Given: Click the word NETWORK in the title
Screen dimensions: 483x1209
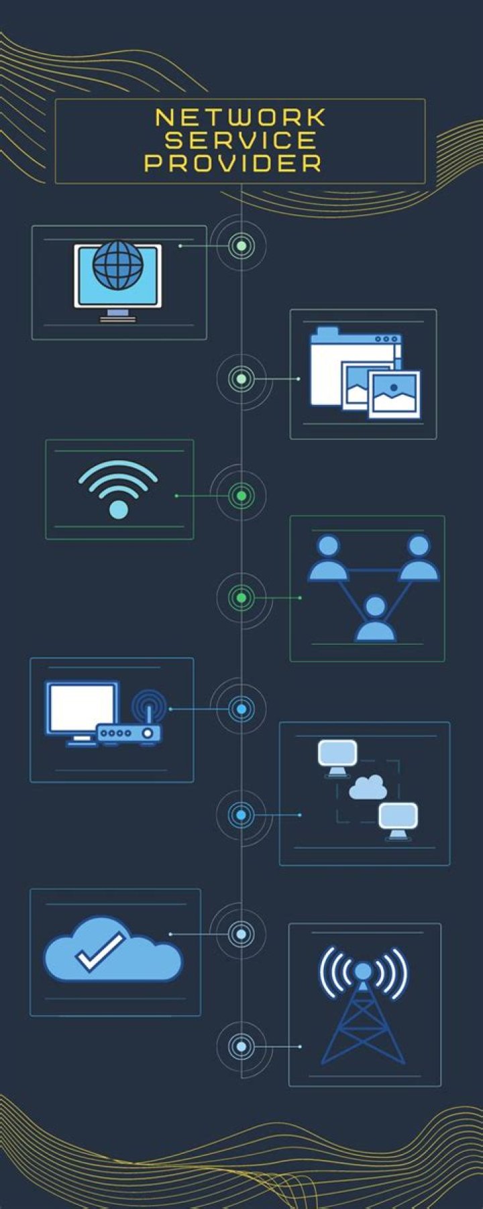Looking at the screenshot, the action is tap(240, 118).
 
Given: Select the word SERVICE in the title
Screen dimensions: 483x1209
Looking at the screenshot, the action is tap(241, 140).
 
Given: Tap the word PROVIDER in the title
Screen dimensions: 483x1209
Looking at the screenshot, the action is tap(233, 163).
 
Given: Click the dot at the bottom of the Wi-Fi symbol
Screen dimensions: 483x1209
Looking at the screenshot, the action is tap(118, 510).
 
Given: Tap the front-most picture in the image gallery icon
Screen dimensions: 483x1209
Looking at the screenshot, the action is tap(394, 394).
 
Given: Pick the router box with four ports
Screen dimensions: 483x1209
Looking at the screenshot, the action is tap(129, 733).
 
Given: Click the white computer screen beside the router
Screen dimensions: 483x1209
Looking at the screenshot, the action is tap(82, 709).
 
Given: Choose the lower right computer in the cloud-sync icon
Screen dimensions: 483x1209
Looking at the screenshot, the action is tap(398, 820).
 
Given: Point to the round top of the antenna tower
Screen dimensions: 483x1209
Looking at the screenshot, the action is tap(362, 971).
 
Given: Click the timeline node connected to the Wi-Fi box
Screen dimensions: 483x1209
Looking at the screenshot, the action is tap(241, 496).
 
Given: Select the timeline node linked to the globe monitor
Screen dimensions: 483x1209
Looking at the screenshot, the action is tap(241, 246).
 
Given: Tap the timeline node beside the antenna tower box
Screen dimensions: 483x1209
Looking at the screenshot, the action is tap(241, 1046).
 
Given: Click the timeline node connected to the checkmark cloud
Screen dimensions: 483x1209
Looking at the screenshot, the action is tap(241, 934).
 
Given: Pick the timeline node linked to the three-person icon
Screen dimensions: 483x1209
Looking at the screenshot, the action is tap(241, 597).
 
